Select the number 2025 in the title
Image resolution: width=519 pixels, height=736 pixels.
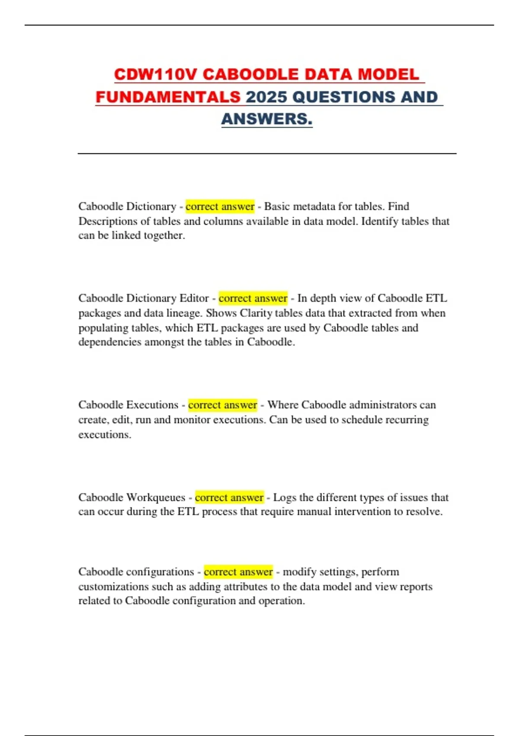[x=267, y=97]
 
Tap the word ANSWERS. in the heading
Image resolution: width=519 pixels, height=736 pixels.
[x=266, y=119]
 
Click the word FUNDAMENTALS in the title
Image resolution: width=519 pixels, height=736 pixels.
[x=168, y=97]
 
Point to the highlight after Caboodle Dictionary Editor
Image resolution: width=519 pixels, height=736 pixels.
[x=253, y=298]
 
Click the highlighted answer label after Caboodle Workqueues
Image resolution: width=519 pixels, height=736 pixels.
[x=229, y=497]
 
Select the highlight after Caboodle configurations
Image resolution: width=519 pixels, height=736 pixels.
[x=238, y=572]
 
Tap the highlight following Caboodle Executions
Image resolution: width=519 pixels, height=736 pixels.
[x=223, y=405]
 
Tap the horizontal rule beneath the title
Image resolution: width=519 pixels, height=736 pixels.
[x=267, y=153]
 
